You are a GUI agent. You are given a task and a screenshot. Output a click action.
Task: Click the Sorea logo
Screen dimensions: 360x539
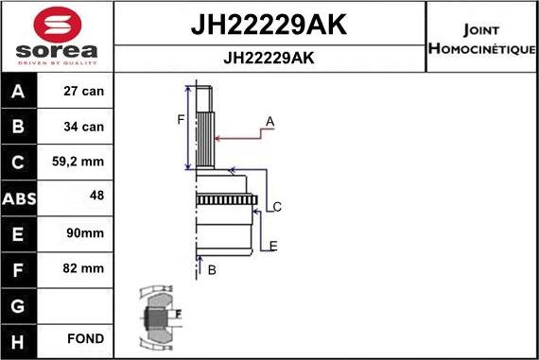click(56, 38)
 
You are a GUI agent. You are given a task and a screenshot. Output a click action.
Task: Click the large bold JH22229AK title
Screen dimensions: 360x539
click(269, 26)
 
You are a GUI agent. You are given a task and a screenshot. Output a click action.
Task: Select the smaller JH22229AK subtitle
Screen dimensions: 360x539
click(269, 58)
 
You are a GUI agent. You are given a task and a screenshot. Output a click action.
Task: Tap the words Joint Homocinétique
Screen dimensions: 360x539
click(481, 38)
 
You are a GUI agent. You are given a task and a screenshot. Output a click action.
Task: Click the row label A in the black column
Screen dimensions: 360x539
click(19, 92)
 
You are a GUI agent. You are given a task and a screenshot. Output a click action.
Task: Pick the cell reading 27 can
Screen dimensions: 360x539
click(82, 92)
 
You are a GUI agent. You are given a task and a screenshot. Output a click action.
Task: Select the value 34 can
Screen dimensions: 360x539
click(82, 127)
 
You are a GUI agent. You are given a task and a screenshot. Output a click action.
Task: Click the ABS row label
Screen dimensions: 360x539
click(19, 198)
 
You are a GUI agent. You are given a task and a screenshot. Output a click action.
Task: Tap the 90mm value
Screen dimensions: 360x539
click(84, 232)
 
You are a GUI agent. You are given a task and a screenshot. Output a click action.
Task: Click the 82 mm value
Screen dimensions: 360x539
click(83, 268)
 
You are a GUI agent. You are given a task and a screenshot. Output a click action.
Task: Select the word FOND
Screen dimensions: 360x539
click(85, 338)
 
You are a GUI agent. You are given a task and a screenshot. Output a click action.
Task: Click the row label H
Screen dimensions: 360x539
click(19, 338)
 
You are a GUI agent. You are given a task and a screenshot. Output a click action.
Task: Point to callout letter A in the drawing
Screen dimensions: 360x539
click(269, 121)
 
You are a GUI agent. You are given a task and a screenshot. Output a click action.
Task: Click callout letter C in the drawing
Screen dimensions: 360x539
click(277, 207)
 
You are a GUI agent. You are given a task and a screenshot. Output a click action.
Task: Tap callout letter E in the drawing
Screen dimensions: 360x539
click(272, 247)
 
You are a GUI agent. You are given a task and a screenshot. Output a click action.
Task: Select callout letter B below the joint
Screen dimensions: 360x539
click(212, 269)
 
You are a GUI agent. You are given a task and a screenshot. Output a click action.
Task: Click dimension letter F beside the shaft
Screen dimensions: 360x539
click(179, 119)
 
